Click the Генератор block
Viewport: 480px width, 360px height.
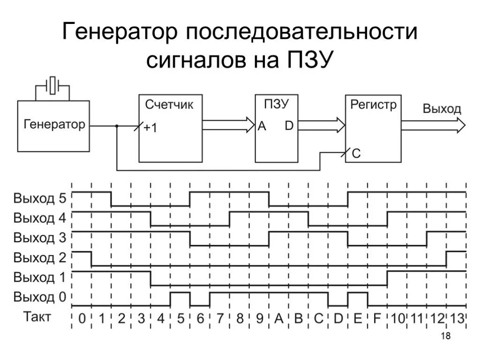(x=53, y=125)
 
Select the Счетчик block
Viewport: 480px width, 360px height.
(x=171, y=127)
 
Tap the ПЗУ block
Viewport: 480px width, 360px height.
(x=276, y=128)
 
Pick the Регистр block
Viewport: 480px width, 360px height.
(x=373, y=128)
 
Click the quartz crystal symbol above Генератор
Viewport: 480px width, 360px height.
(x=53, y=86)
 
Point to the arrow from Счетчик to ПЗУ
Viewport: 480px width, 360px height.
(x=227, y=125)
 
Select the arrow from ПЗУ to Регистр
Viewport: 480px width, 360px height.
(x=321, y=125)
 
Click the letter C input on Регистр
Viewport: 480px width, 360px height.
(x=356, y=153)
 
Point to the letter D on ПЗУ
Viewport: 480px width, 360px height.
(x=289, y=126)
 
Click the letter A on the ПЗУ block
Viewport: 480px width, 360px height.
(x=262, y=126)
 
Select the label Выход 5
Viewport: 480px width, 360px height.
(x=40, y=198)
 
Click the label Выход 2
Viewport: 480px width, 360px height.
(x=40, y=257)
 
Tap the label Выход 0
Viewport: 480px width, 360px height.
(x=40, y=297)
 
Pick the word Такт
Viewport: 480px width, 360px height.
(x=37, y=317)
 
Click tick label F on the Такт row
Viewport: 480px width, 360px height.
(x=377, y=319)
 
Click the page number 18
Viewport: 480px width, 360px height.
(x=446, y=336)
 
